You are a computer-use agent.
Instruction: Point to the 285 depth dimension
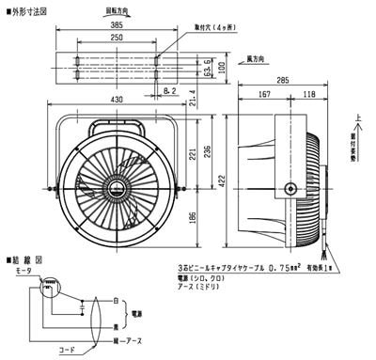click(x=281, y=81)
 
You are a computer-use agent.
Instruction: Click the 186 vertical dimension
click(x=192, y=217)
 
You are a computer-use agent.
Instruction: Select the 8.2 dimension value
click(x=168, y=91)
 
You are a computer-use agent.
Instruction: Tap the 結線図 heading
click(x=23, y=256)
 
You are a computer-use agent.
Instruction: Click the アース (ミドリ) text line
click(x=220, y=287)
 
